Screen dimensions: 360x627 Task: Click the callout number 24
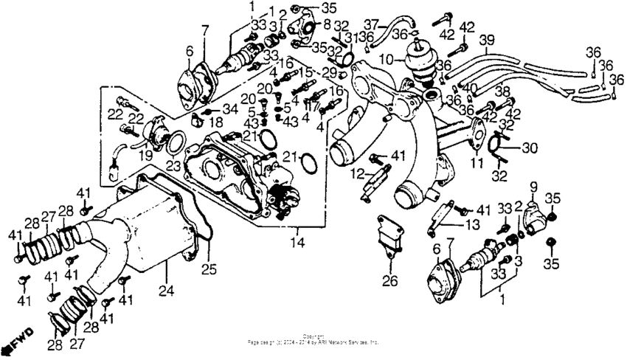(166, 290)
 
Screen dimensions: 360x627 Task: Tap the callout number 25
(209, 269)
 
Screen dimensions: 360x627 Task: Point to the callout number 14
(297, 240)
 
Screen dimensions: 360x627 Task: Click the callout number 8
(327, 24)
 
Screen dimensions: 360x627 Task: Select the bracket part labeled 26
(389, 235)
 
